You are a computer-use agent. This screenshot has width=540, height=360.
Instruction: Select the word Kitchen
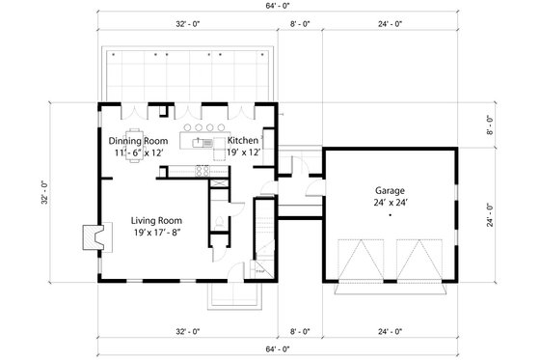(x=244, y=140)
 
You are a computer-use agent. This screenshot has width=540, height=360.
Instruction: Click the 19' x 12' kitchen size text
(x=244, y=152)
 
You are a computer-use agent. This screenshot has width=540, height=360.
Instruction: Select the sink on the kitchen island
(x=202, y=143)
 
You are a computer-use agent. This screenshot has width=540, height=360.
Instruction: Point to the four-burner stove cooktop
(x=202, y=172)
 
